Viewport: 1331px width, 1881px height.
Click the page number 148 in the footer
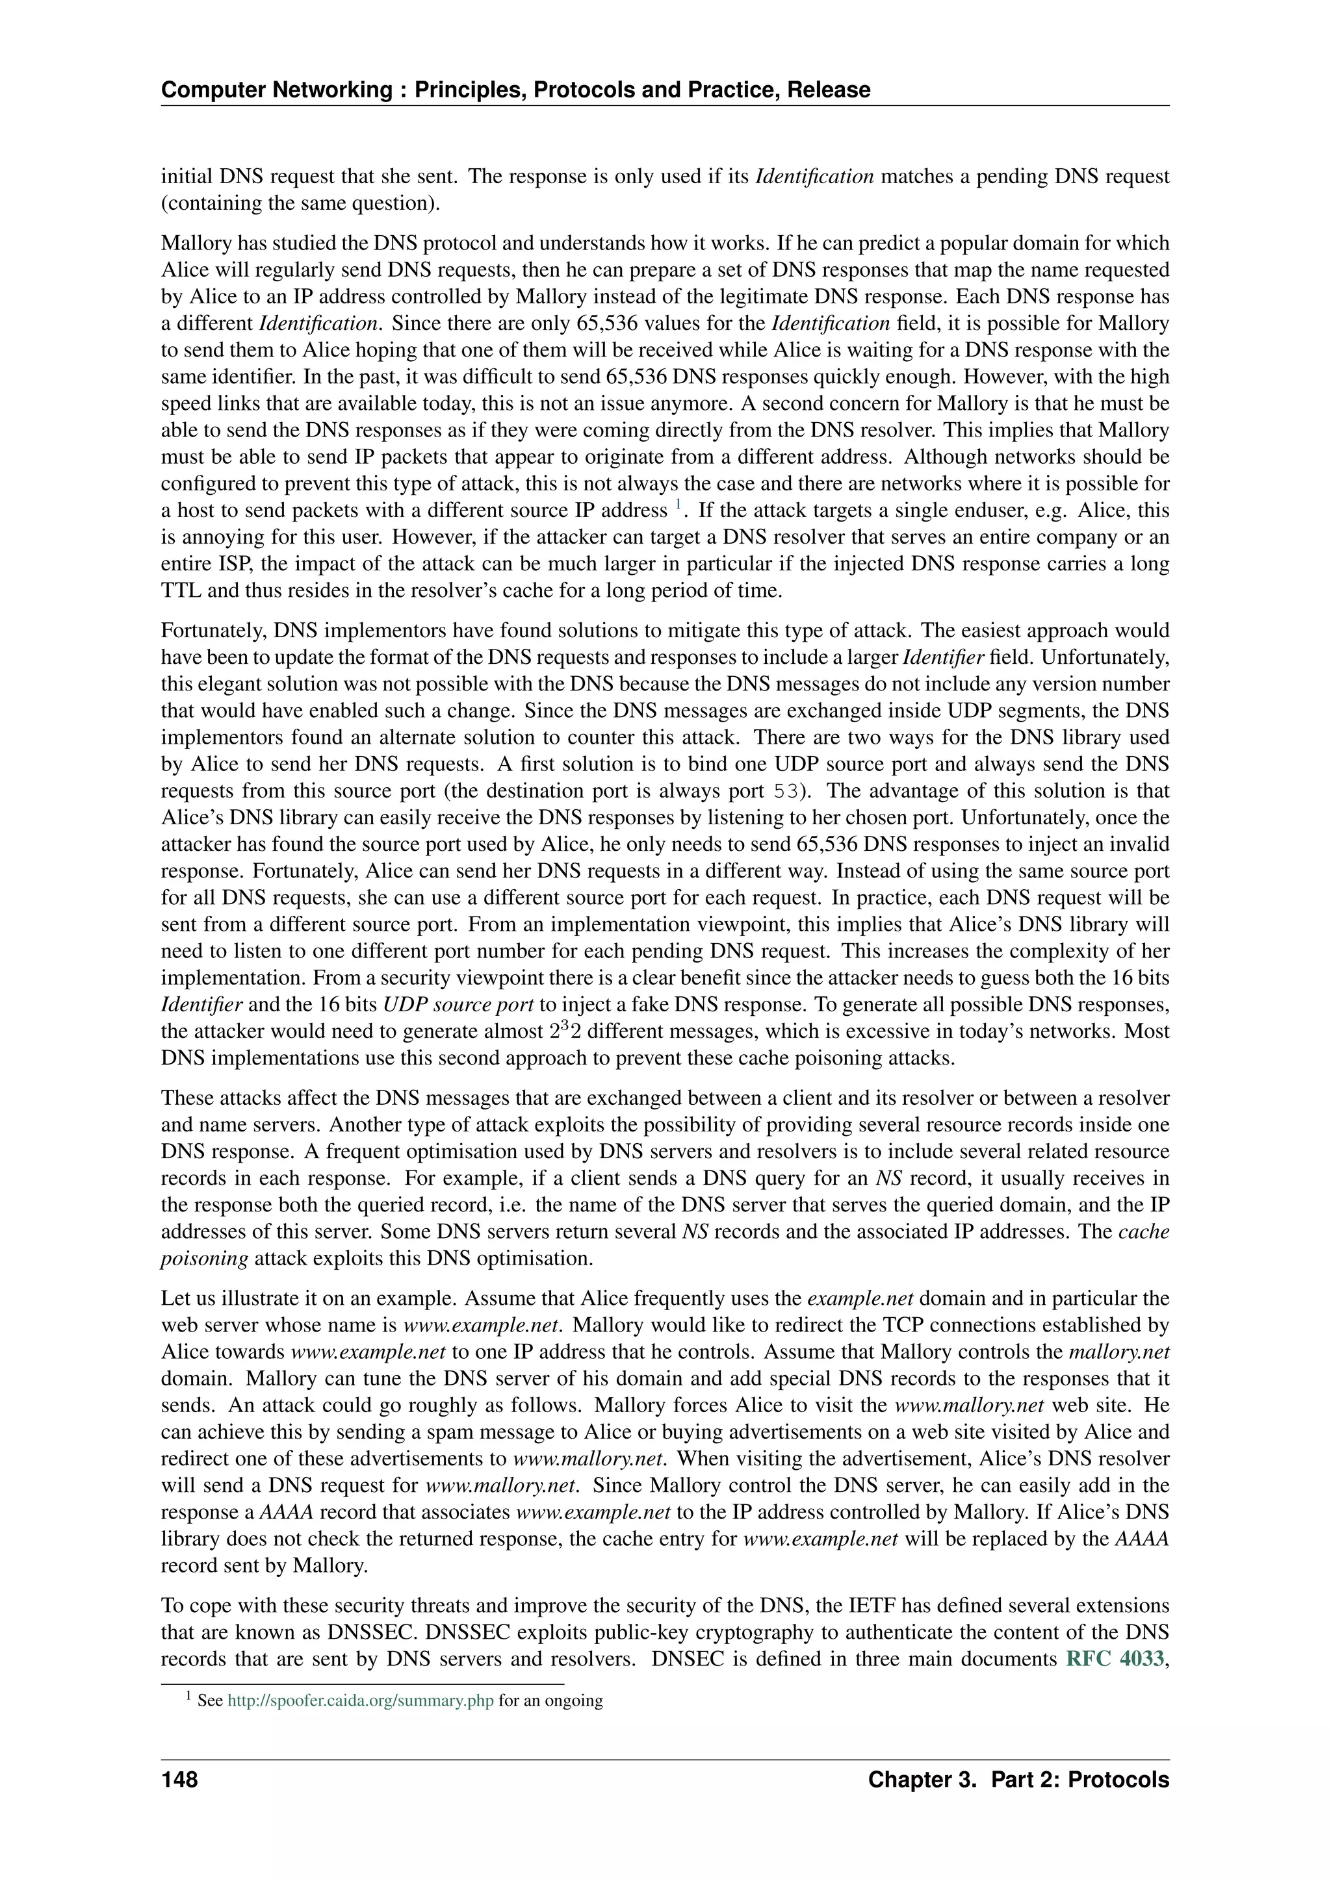click(x=179, y=1780)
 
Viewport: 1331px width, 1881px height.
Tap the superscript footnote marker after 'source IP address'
click(x=678, y=506)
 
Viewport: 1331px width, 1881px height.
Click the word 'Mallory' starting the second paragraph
click(x=191, y=244)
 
